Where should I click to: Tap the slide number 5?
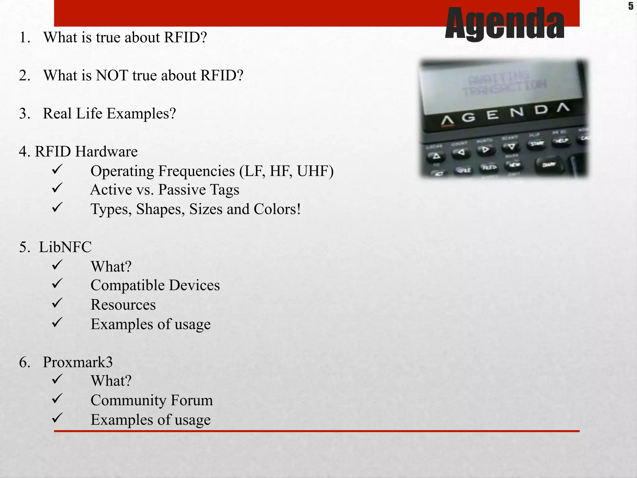(x=630, y=6)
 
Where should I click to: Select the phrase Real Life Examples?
(x=109, y=113)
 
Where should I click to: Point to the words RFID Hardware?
(x=86, y=152)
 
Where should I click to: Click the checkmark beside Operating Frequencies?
(x=58, y=170)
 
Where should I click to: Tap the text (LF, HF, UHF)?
(x=286, y=171)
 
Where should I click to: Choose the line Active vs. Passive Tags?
(x=165, y=190)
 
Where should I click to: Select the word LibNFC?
(x=65, y=247)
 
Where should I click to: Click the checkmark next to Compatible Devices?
(x=58, y=284)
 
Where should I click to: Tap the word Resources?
(x=123, y=305)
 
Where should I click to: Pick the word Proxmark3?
(x=78, y=362)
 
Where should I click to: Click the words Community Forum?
(x=152, y=400)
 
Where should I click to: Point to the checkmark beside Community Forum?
(x=58, y=399)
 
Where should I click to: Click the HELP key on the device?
(x=562, y=141)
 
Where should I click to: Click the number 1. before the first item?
(x=25, y=37)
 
